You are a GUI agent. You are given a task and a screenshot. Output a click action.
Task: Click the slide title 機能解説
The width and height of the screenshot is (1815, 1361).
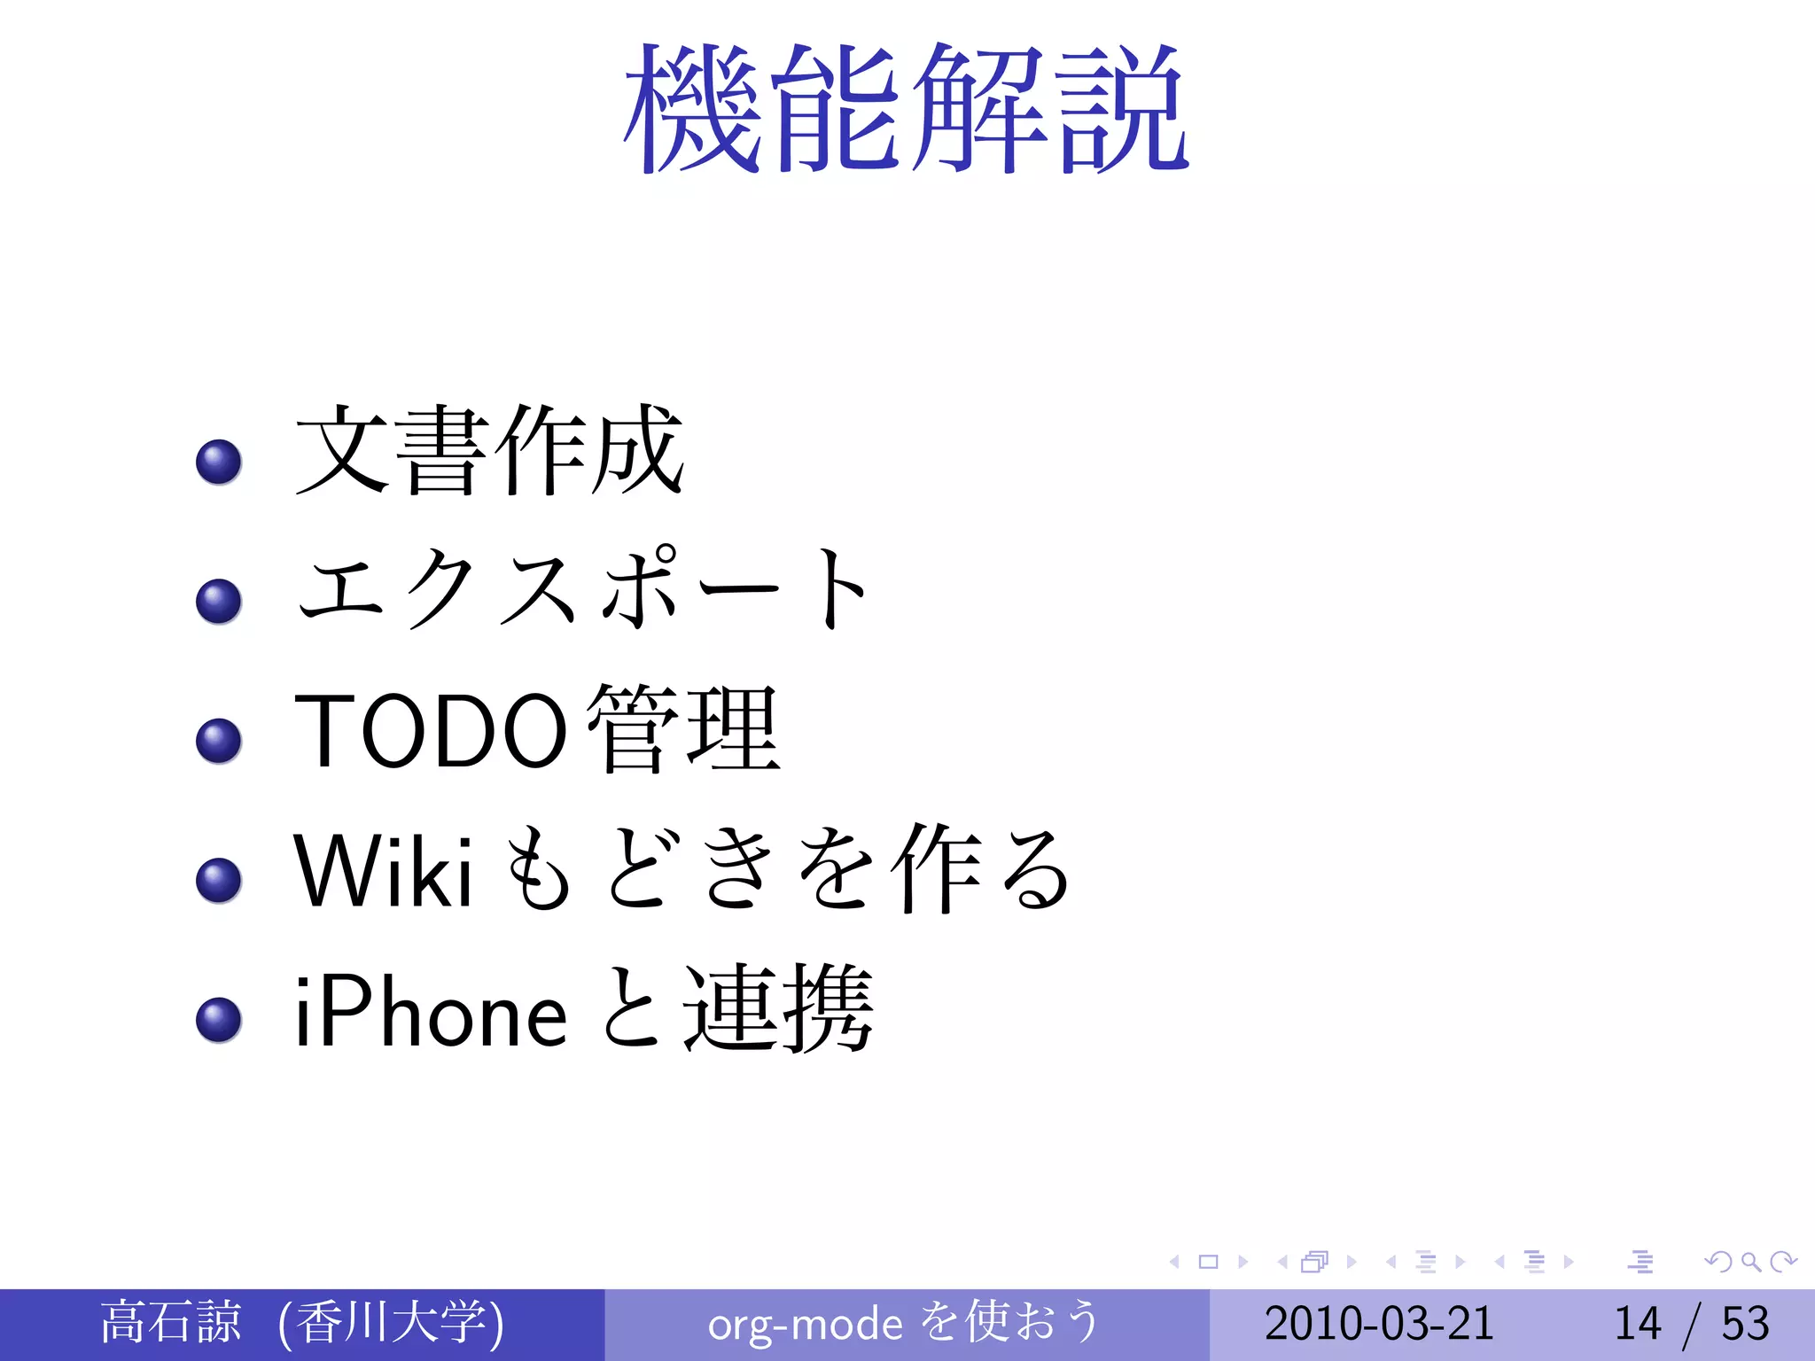[x=906, y=108]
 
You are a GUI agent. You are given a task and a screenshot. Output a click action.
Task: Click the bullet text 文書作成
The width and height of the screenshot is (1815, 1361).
[x=489, y=449]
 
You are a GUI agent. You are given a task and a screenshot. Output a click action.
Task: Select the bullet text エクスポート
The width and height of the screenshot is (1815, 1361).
[x=582, y=588]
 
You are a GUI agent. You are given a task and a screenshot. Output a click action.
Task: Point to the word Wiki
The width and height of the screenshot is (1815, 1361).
[x=383, y=872]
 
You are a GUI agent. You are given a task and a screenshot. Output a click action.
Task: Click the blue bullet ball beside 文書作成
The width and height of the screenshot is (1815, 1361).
[x=219, y=463]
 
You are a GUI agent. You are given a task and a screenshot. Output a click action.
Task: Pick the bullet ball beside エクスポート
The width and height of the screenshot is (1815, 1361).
[x=219, y=602]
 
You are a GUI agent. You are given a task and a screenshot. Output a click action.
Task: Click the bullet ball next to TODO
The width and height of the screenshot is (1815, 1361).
[x=219, y=741]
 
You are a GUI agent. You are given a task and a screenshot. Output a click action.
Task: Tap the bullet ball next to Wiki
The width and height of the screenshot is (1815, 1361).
[x=219, y=880]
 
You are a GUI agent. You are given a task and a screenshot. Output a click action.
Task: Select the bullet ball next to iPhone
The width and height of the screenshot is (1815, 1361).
[x=219, y=1020]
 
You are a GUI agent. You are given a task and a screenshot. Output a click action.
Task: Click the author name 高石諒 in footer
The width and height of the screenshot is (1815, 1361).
[x=170, y=1322]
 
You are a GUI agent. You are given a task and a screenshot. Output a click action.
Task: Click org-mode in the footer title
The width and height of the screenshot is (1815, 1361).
[x=805, y=1325]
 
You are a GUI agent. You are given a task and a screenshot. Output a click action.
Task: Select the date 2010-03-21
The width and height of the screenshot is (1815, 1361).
[x=1379, y=1324]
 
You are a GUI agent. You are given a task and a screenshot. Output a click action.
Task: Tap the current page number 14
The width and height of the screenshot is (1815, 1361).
[x=1637, y=1324]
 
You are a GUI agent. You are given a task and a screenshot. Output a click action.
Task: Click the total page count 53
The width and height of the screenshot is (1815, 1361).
[x=1745, y=1324]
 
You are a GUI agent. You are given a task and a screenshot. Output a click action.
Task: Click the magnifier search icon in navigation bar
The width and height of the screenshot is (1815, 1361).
[x=1750, y=1262]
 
